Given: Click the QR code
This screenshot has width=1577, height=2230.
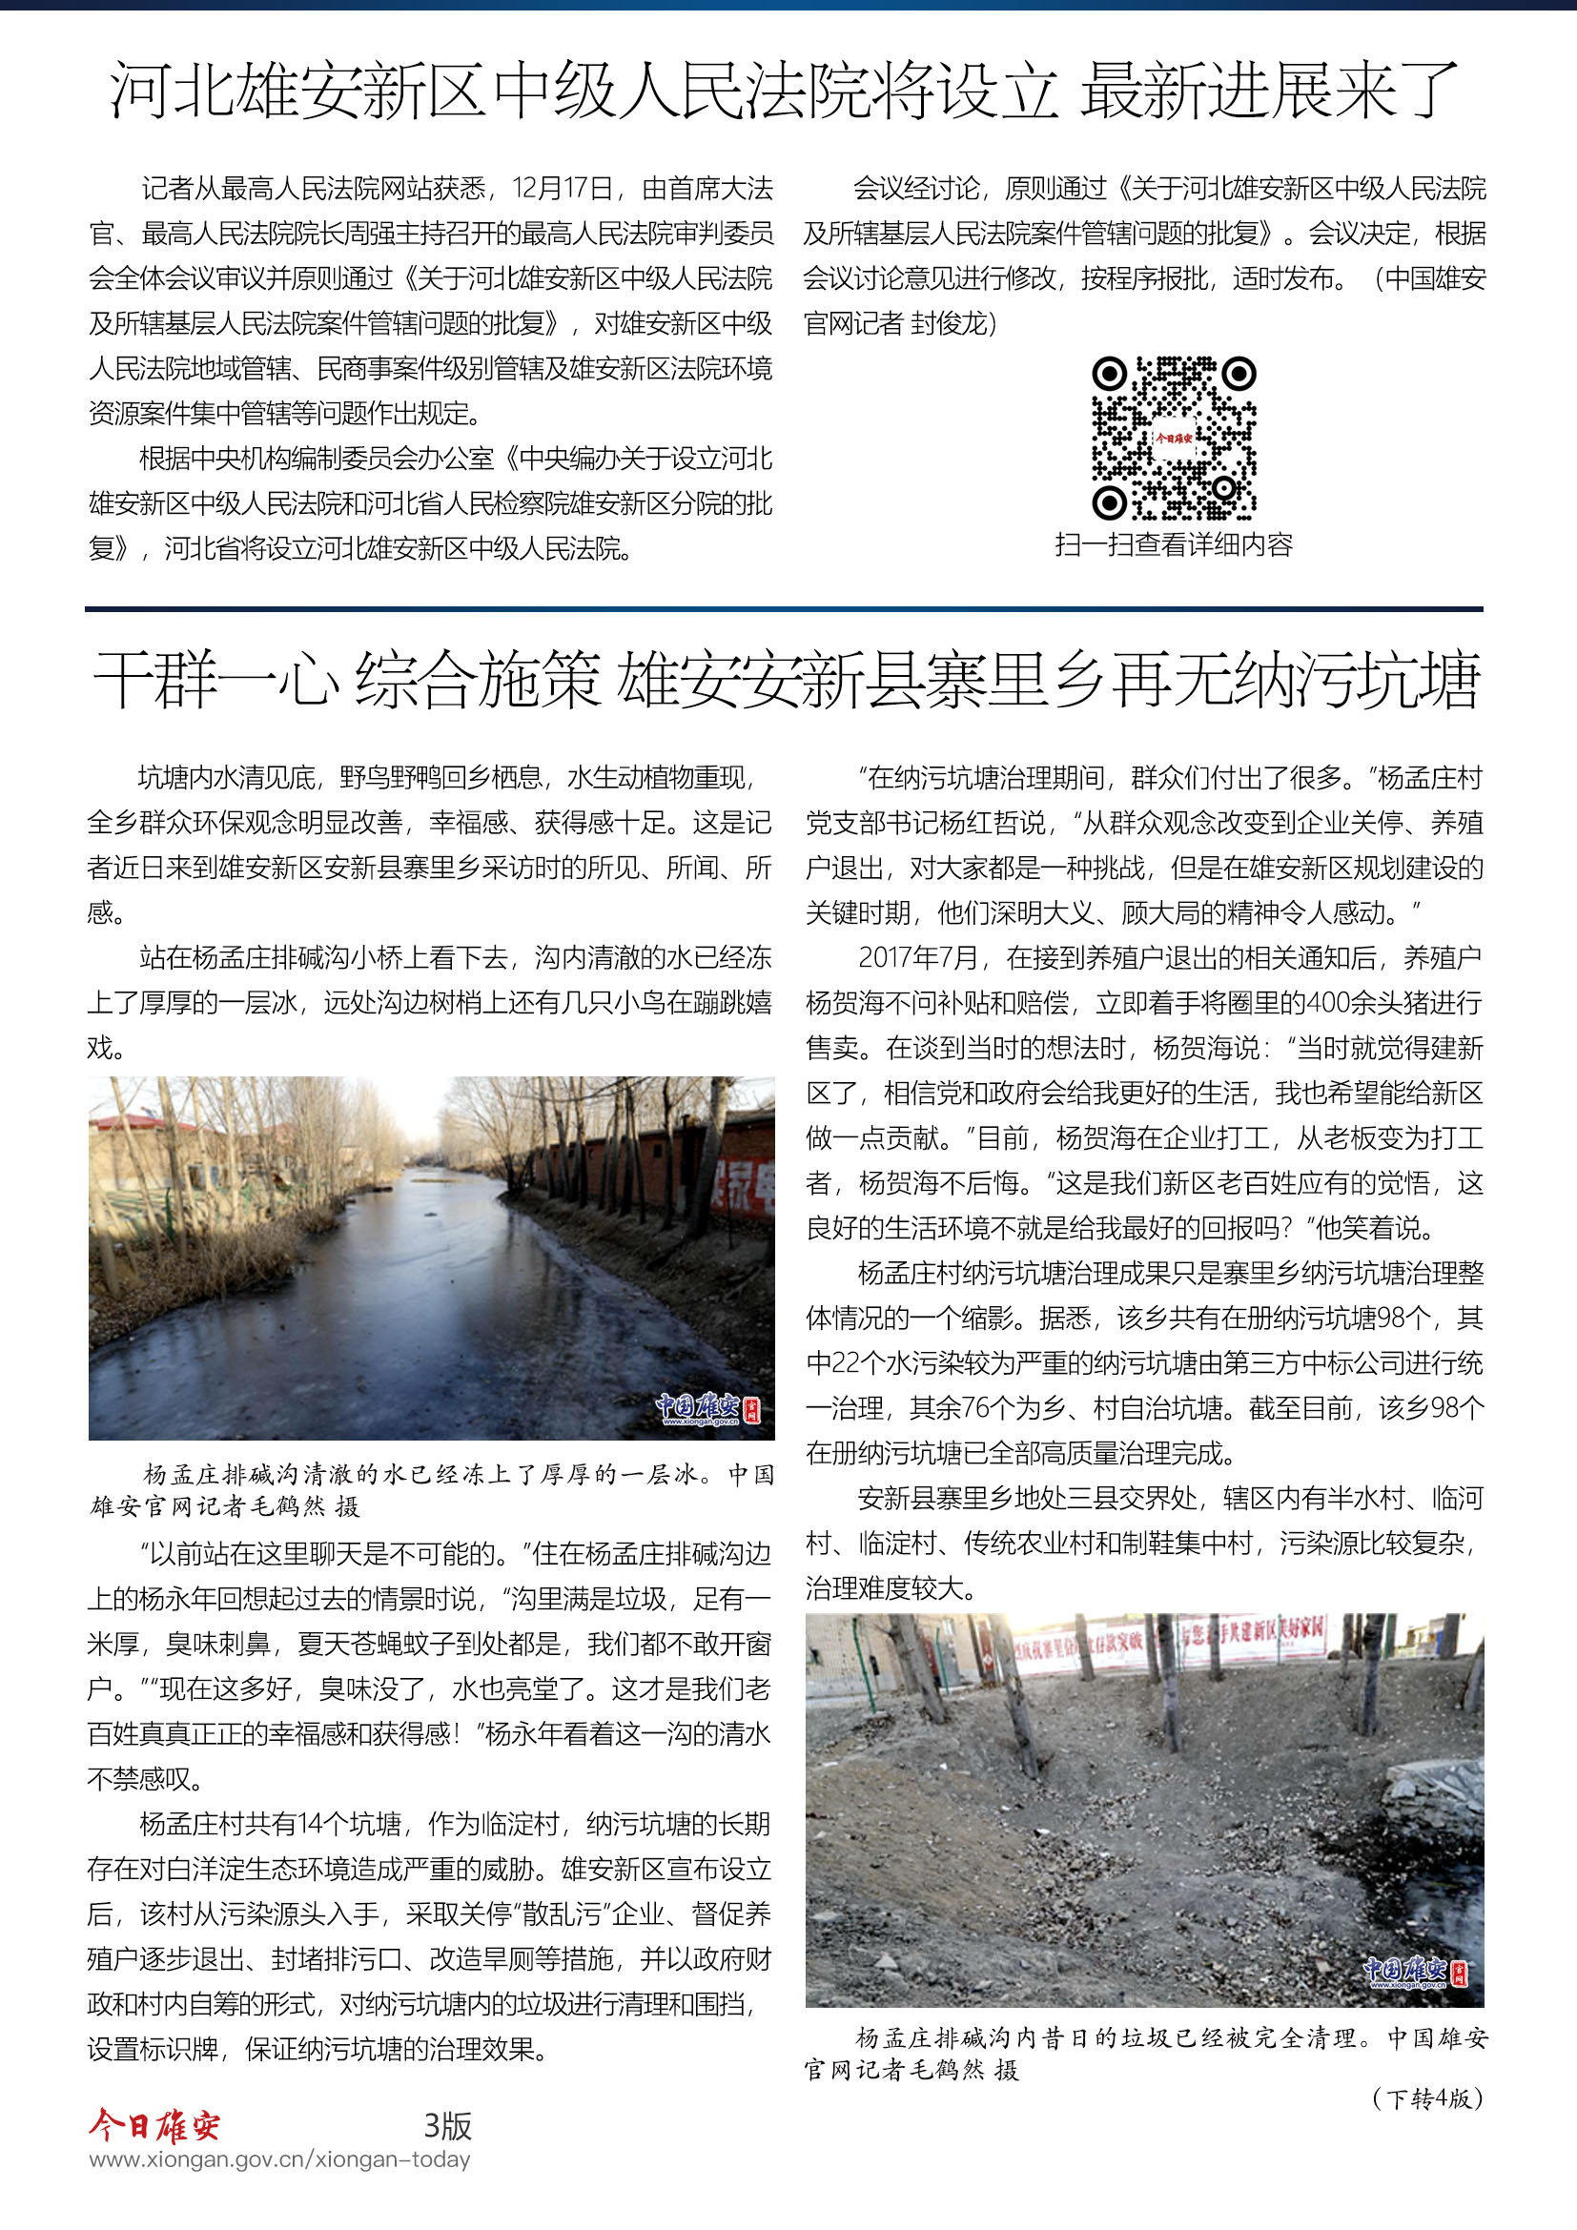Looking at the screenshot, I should tap(1173, 438).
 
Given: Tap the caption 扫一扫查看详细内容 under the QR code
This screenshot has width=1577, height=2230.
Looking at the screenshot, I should tap(1173, 545).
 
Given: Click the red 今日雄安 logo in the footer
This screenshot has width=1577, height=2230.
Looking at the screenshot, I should tap(155, 2125).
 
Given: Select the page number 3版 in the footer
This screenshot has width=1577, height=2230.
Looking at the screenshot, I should tap(448, 2125).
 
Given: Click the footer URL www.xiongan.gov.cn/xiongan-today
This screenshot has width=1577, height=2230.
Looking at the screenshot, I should tap(279, 2160).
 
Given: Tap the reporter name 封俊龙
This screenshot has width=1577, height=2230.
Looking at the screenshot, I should tap(948, 323).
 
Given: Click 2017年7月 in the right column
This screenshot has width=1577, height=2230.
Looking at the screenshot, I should tap(918, 957).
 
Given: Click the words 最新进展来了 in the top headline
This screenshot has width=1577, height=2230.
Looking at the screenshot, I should tap(1269, 91).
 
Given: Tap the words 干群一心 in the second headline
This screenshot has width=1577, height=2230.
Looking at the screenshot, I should tap(215, 680).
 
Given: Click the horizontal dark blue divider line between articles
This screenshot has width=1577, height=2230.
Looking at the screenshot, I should tap(784, 609).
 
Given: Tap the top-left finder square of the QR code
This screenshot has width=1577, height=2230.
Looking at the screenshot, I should tap(1109, 374).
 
